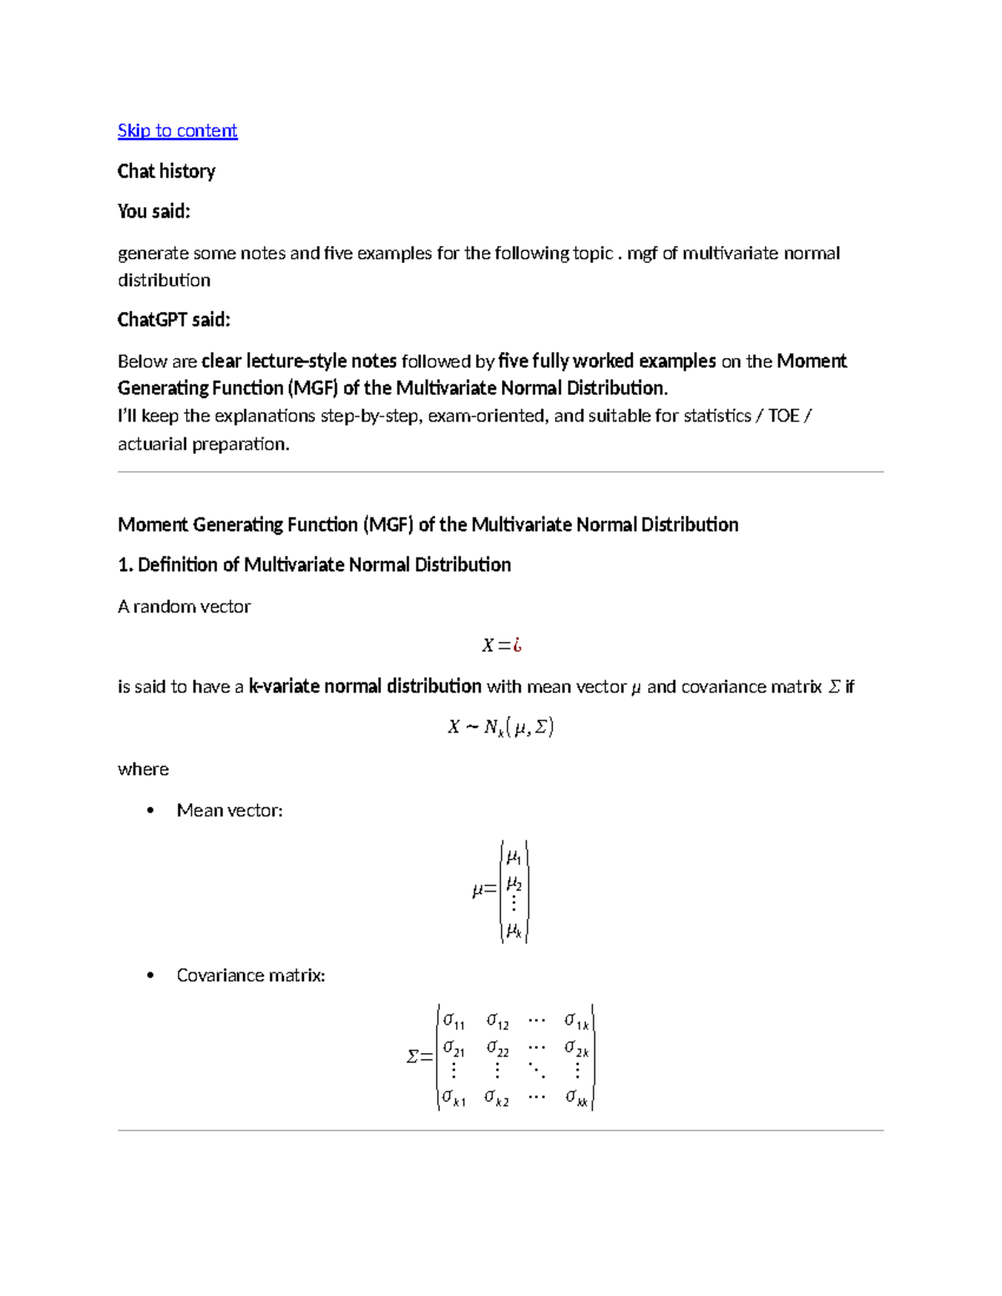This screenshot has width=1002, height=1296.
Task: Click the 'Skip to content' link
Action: (x=177, y=130)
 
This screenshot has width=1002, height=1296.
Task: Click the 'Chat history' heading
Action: (x=166, y=171)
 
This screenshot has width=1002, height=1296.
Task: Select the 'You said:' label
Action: (x=154, y=211)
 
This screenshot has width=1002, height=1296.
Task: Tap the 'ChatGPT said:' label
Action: (x=174, y=320)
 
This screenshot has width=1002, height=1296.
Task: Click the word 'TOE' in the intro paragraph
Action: (x=783, y=416)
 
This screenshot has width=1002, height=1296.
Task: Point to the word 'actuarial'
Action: (x=153, y=444)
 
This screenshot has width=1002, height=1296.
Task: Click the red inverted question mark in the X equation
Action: (x=518, y=645)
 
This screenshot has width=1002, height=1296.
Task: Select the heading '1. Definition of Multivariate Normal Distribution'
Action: (x=314, y=565)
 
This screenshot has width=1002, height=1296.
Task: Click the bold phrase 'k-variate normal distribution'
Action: (x=365, y=686)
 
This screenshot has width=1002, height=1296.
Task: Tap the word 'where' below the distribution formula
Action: (x=143, y=769)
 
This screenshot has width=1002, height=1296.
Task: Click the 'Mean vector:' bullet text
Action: (x=230, y=810)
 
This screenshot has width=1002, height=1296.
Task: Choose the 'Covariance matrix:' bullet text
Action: (x=250, y=975)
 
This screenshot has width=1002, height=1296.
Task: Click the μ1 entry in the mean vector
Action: (x=514, y=857)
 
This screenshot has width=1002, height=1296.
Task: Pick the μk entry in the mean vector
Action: (x=514, y=930)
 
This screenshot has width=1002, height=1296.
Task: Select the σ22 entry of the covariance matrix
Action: (x=498, y=1048)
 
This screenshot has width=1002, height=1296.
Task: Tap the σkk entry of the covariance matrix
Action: (x=576, y=1098)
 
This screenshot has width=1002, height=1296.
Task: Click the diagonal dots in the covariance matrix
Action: (x=537, y=1071)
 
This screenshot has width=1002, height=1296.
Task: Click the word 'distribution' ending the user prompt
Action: (x=164, y=280)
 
